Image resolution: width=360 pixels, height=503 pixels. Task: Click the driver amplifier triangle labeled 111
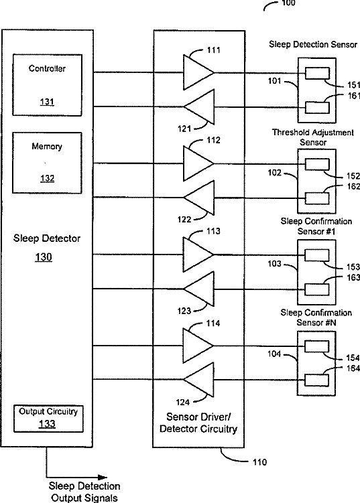point(198,72)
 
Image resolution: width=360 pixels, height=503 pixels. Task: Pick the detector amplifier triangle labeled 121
point(199,106)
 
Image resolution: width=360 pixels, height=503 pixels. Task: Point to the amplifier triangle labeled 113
point(198,255)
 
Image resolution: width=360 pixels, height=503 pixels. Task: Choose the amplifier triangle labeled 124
point(198,380)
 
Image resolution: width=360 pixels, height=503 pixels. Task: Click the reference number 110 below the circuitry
point(259,462)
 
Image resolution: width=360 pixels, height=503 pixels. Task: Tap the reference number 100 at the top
point(288,3)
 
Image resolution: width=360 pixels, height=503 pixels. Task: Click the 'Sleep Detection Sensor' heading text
point(313,44)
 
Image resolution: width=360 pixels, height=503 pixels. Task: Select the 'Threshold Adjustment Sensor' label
point(313,137)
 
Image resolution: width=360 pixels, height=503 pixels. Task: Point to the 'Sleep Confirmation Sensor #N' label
point(316,317)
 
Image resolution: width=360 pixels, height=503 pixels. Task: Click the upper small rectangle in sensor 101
point(317,73)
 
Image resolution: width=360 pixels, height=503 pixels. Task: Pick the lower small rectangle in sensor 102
point(317,198)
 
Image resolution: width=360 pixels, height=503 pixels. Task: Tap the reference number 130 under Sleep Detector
point(44,257)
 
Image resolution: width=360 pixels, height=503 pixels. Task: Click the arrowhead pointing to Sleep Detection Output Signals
point(103,478)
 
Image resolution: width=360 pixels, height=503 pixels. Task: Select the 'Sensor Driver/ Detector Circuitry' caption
point(198,423)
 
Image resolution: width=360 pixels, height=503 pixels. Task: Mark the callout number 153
point(353,267)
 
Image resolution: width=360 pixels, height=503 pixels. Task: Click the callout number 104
point(274,354)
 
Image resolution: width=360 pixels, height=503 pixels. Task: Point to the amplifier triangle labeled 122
point(199,198)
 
